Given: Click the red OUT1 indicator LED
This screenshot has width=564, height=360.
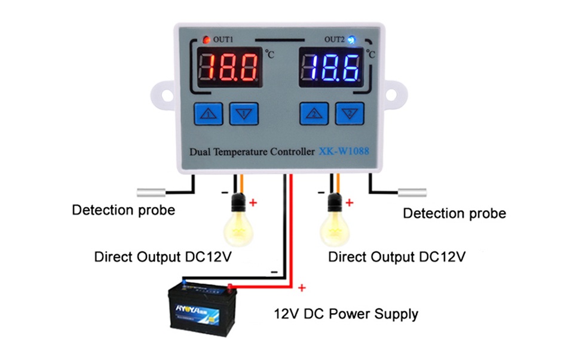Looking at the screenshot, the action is coord(207,39).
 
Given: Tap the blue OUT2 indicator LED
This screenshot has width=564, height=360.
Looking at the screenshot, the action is coord(351,39).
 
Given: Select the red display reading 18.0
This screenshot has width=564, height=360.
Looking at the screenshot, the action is coord(229,67).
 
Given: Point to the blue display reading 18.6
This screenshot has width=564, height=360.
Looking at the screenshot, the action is coord(330,67).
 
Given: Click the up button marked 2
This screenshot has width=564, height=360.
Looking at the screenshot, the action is coord(314,114).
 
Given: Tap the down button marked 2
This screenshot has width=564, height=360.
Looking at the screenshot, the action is coord(350,114).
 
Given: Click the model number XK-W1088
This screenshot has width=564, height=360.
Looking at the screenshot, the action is coord(344,151).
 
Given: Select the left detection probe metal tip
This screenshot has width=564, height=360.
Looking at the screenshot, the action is coord(151,193).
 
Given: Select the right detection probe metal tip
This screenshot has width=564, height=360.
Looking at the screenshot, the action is coord(412,193).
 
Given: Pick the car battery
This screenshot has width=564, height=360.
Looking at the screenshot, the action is coord(203,308).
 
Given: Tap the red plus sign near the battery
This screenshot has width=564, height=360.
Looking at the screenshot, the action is coord(302,287).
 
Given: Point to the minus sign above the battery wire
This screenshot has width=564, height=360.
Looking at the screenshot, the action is coord(274,272).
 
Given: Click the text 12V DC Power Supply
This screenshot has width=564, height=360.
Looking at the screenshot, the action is coord(346,314).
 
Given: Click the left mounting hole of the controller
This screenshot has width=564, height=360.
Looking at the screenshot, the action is coord(167,96).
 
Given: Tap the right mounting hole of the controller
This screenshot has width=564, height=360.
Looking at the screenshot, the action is coord(391,95).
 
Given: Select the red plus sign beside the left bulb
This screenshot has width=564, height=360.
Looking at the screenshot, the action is coord(253,202).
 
